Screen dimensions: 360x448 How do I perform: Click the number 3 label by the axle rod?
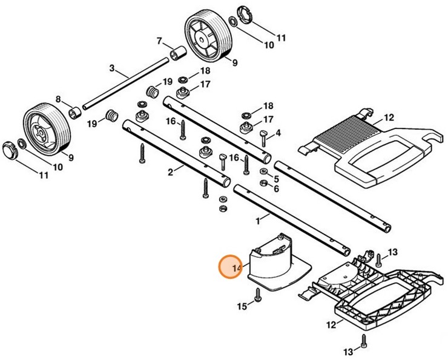(112, 67)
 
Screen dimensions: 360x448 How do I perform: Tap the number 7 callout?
(160, 41)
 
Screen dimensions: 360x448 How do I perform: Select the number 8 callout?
(59, 99)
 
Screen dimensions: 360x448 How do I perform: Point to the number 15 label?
(242, 307)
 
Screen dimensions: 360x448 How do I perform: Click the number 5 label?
(277, 179)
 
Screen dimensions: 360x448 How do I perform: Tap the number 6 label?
(277, 189)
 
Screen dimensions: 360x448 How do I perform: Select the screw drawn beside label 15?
(258, 296)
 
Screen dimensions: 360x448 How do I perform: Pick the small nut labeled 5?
(265, 172)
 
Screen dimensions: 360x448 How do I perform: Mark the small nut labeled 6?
(265, 183)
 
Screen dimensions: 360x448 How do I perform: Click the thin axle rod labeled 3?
(127, 81)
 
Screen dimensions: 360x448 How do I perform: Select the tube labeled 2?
(176, 152)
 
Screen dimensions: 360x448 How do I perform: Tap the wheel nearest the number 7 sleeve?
(206, 38)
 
